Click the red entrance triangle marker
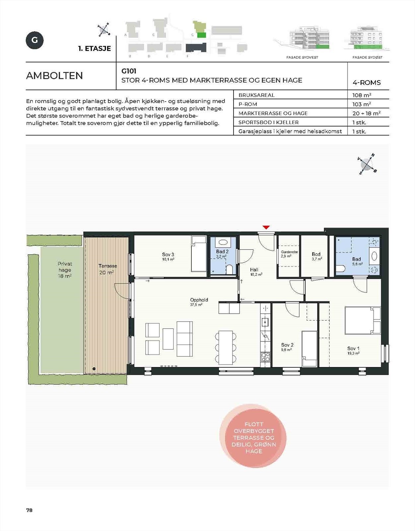266,227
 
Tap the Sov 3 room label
168,257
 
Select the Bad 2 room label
222,254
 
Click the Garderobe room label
289,254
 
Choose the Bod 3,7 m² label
316,256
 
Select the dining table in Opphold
226,347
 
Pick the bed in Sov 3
199,254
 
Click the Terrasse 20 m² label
107,269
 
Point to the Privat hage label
65,269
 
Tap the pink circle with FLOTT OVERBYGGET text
253,436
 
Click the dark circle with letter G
35,40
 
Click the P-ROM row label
248,104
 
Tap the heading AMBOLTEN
54,76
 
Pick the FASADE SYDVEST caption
302,57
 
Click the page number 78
29,510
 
